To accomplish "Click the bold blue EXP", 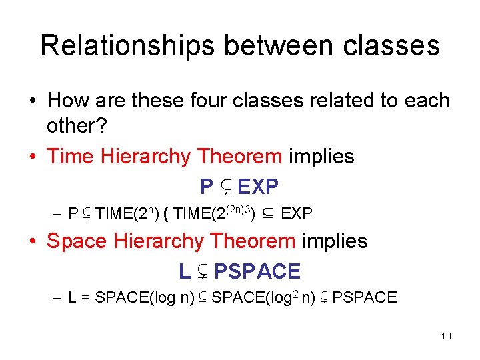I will click(257, 187).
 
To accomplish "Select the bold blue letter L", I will click(185, 271).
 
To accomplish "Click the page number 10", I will click(446, 336).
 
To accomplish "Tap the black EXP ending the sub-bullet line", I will click(297, 214).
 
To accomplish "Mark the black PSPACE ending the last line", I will click(364, 298).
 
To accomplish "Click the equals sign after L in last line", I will click(86, 298).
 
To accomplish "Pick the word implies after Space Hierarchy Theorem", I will click(335, 241).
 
